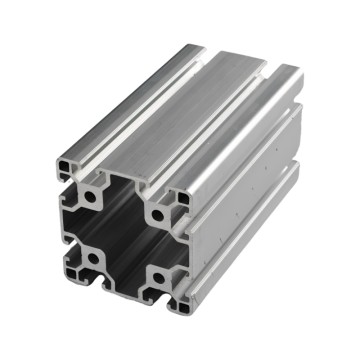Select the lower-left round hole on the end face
click(x=92, y=258)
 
